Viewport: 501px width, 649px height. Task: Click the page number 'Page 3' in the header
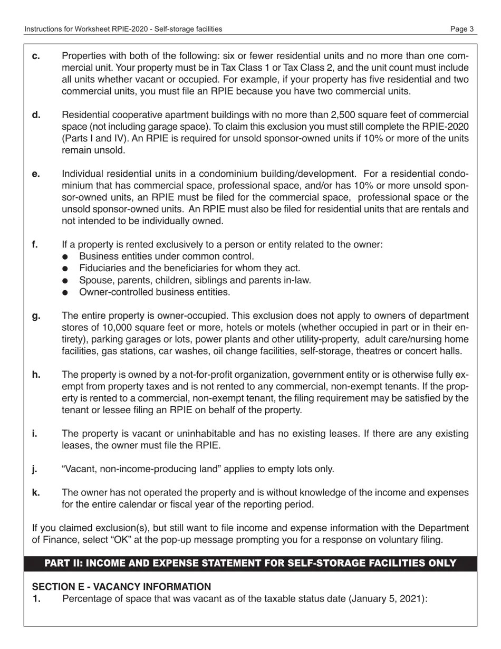pyautogui.click(x=461, y=29)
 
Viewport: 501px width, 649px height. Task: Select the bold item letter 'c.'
pyautogui.click(x=36, y=56)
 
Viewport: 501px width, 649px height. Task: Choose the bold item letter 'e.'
pyautogui.click(x=36, y=174)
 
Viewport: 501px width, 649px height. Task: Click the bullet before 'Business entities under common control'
pyautogui.click(x=65, y=257)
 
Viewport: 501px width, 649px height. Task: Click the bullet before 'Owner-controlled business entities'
pyautogui.click(x=65, y=292)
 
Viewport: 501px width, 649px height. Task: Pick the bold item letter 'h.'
pyautogui.click(x=36, y=375)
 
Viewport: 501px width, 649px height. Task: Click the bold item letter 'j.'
pyautogui.click(x=35, y=469)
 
